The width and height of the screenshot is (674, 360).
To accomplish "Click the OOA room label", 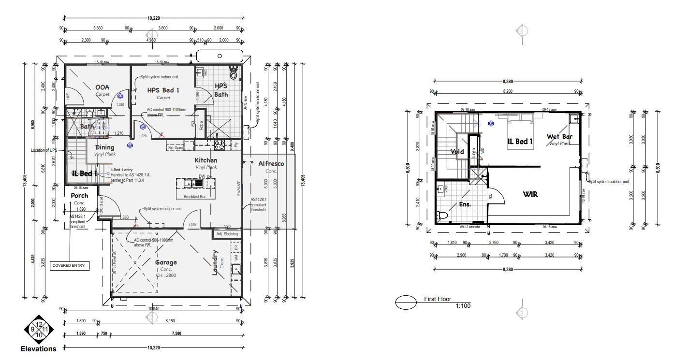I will [x=102, y=87].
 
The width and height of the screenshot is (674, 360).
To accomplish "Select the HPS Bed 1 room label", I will [x=157, y=90].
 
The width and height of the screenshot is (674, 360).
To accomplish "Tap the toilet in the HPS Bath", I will [x=234, y=74].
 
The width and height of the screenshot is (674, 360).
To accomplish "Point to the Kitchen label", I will [x=206, y=160].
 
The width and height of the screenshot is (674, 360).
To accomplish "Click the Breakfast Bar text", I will [x=195, y=197].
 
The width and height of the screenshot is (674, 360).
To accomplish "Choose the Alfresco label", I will [x=271, y=164].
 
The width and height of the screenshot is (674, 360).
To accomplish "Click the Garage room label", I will [x=166, y=262].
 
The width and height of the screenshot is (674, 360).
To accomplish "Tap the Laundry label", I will [x=215, y=262].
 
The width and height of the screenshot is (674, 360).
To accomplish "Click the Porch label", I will [x=80, y=196].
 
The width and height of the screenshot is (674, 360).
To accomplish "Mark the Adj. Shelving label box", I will [x=227, y=234].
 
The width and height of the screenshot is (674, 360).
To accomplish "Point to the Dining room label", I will [x=105, y=147].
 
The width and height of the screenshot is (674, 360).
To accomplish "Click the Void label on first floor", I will [x=457, y=152].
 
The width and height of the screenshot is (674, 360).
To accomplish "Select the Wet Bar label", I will [x=559, y=137].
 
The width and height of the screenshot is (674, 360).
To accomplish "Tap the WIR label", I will [x=530, y=195].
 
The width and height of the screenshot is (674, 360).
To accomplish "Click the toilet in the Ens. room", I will [x=441, y=216].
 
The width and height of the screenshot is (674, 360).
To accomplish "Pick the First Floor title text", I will [x=438, y=299].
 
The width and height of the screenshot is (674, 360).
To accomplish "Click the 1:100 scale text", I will [x=463, y=305].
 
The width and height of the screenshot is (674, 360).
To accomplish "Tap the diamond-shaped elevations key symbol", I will [x=39, y=330].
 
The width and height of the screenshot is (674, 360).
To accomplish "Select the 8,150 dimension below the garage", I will [x=171, y=320].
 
